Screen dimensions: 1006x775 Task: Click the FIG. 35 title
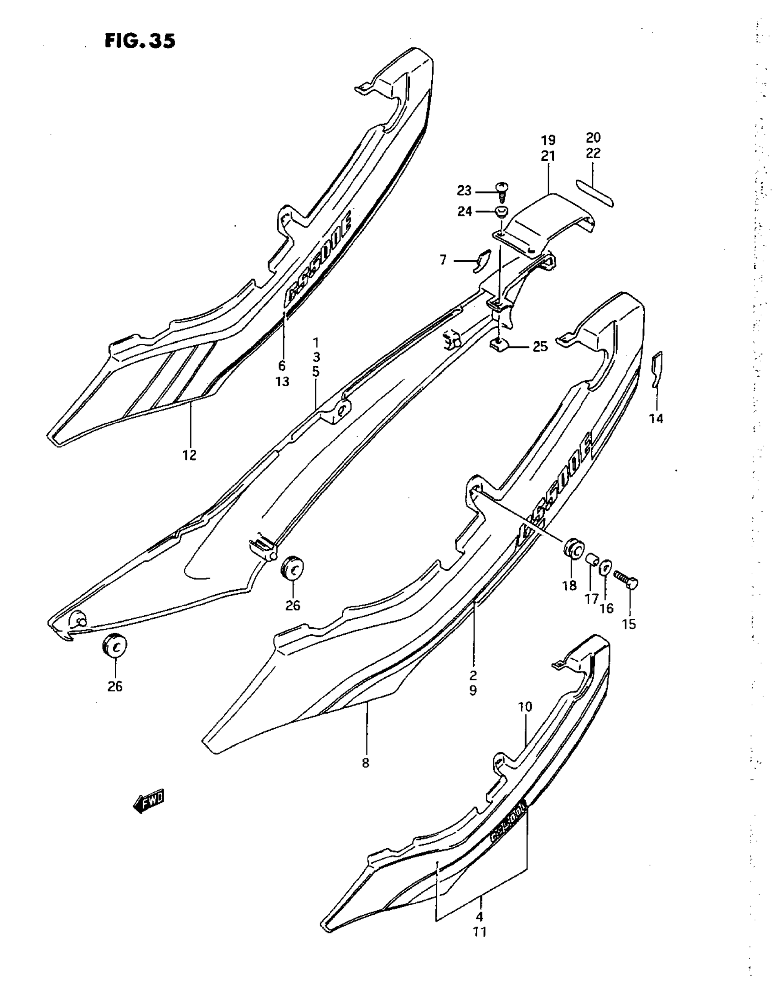coord(140,41)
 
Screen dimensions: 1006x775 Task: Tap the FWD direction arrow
coord(148,803)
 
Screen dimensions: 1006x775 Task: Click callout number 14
coord(656,418)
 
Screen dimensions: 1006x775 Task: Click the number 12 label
coord(189,455)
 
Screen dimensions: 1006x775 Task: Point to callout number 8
coord(366,763)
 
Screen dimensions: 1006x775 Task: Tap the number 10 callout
coord(525,707)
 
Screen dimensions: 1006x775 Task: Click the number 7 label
coord(443,261)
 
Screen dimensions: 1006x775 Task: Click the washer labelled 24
coord(501,212)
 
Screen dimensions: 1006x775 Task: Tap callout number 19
coord(548,140)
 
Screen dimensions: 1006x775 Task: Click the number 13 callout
coord(282,381)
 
